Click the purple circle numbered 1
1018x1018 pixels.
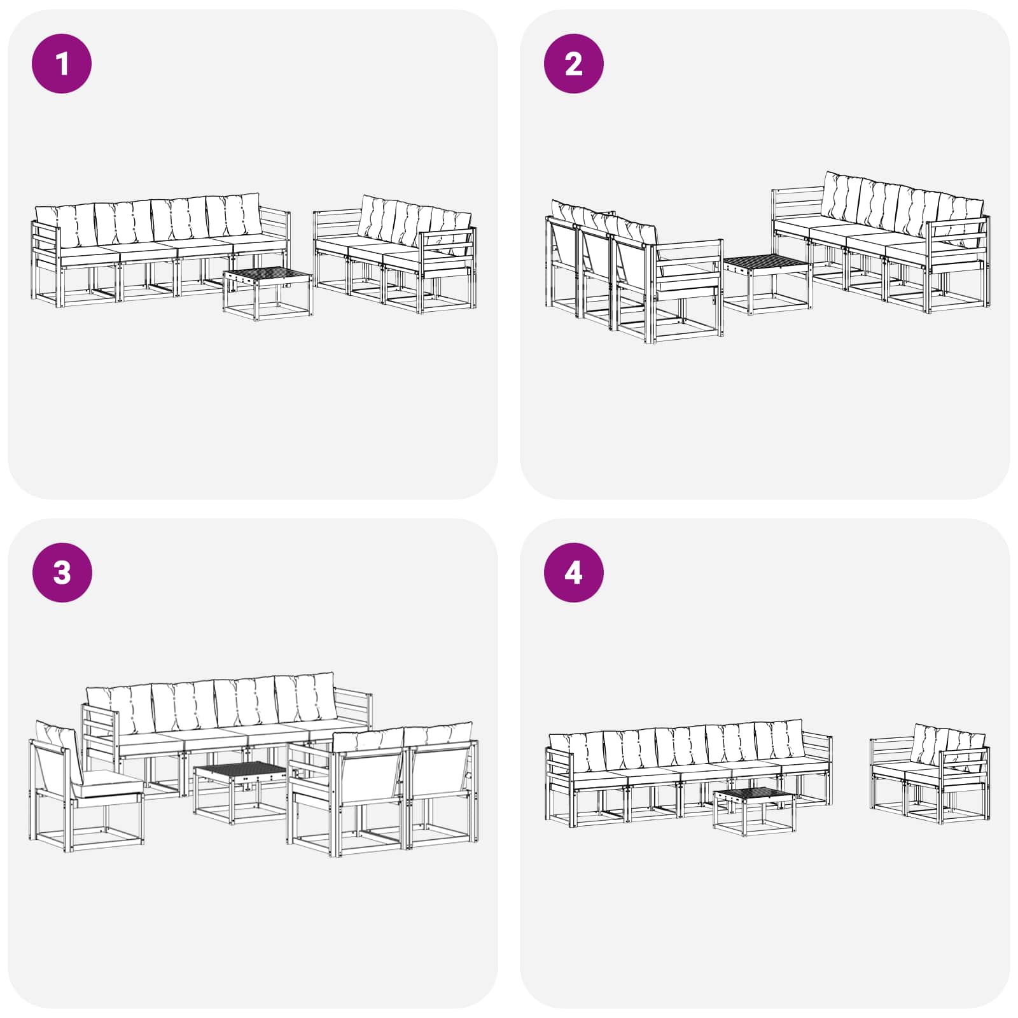(x=62, y=64)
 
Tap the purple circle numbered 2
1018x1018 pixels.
(x=573, y=64)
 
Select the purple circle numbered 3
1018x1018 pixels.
(x=62, y=573)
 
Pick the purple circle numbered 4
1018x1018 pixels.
(x=573, y=573)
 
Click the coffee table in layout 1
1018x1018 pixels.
(x=268, y=294)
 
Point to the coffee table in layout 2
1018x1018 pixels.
(x=767, y=284)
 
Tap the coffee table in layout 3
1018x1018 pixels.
(x=241, y=791)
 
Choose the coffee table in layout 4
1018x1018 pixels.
(x=755, y=811)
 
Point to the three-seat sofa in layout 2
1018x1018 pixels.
(x=634, y=272)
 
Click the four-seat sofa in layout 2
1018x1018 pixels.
(x=881, y=242)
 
